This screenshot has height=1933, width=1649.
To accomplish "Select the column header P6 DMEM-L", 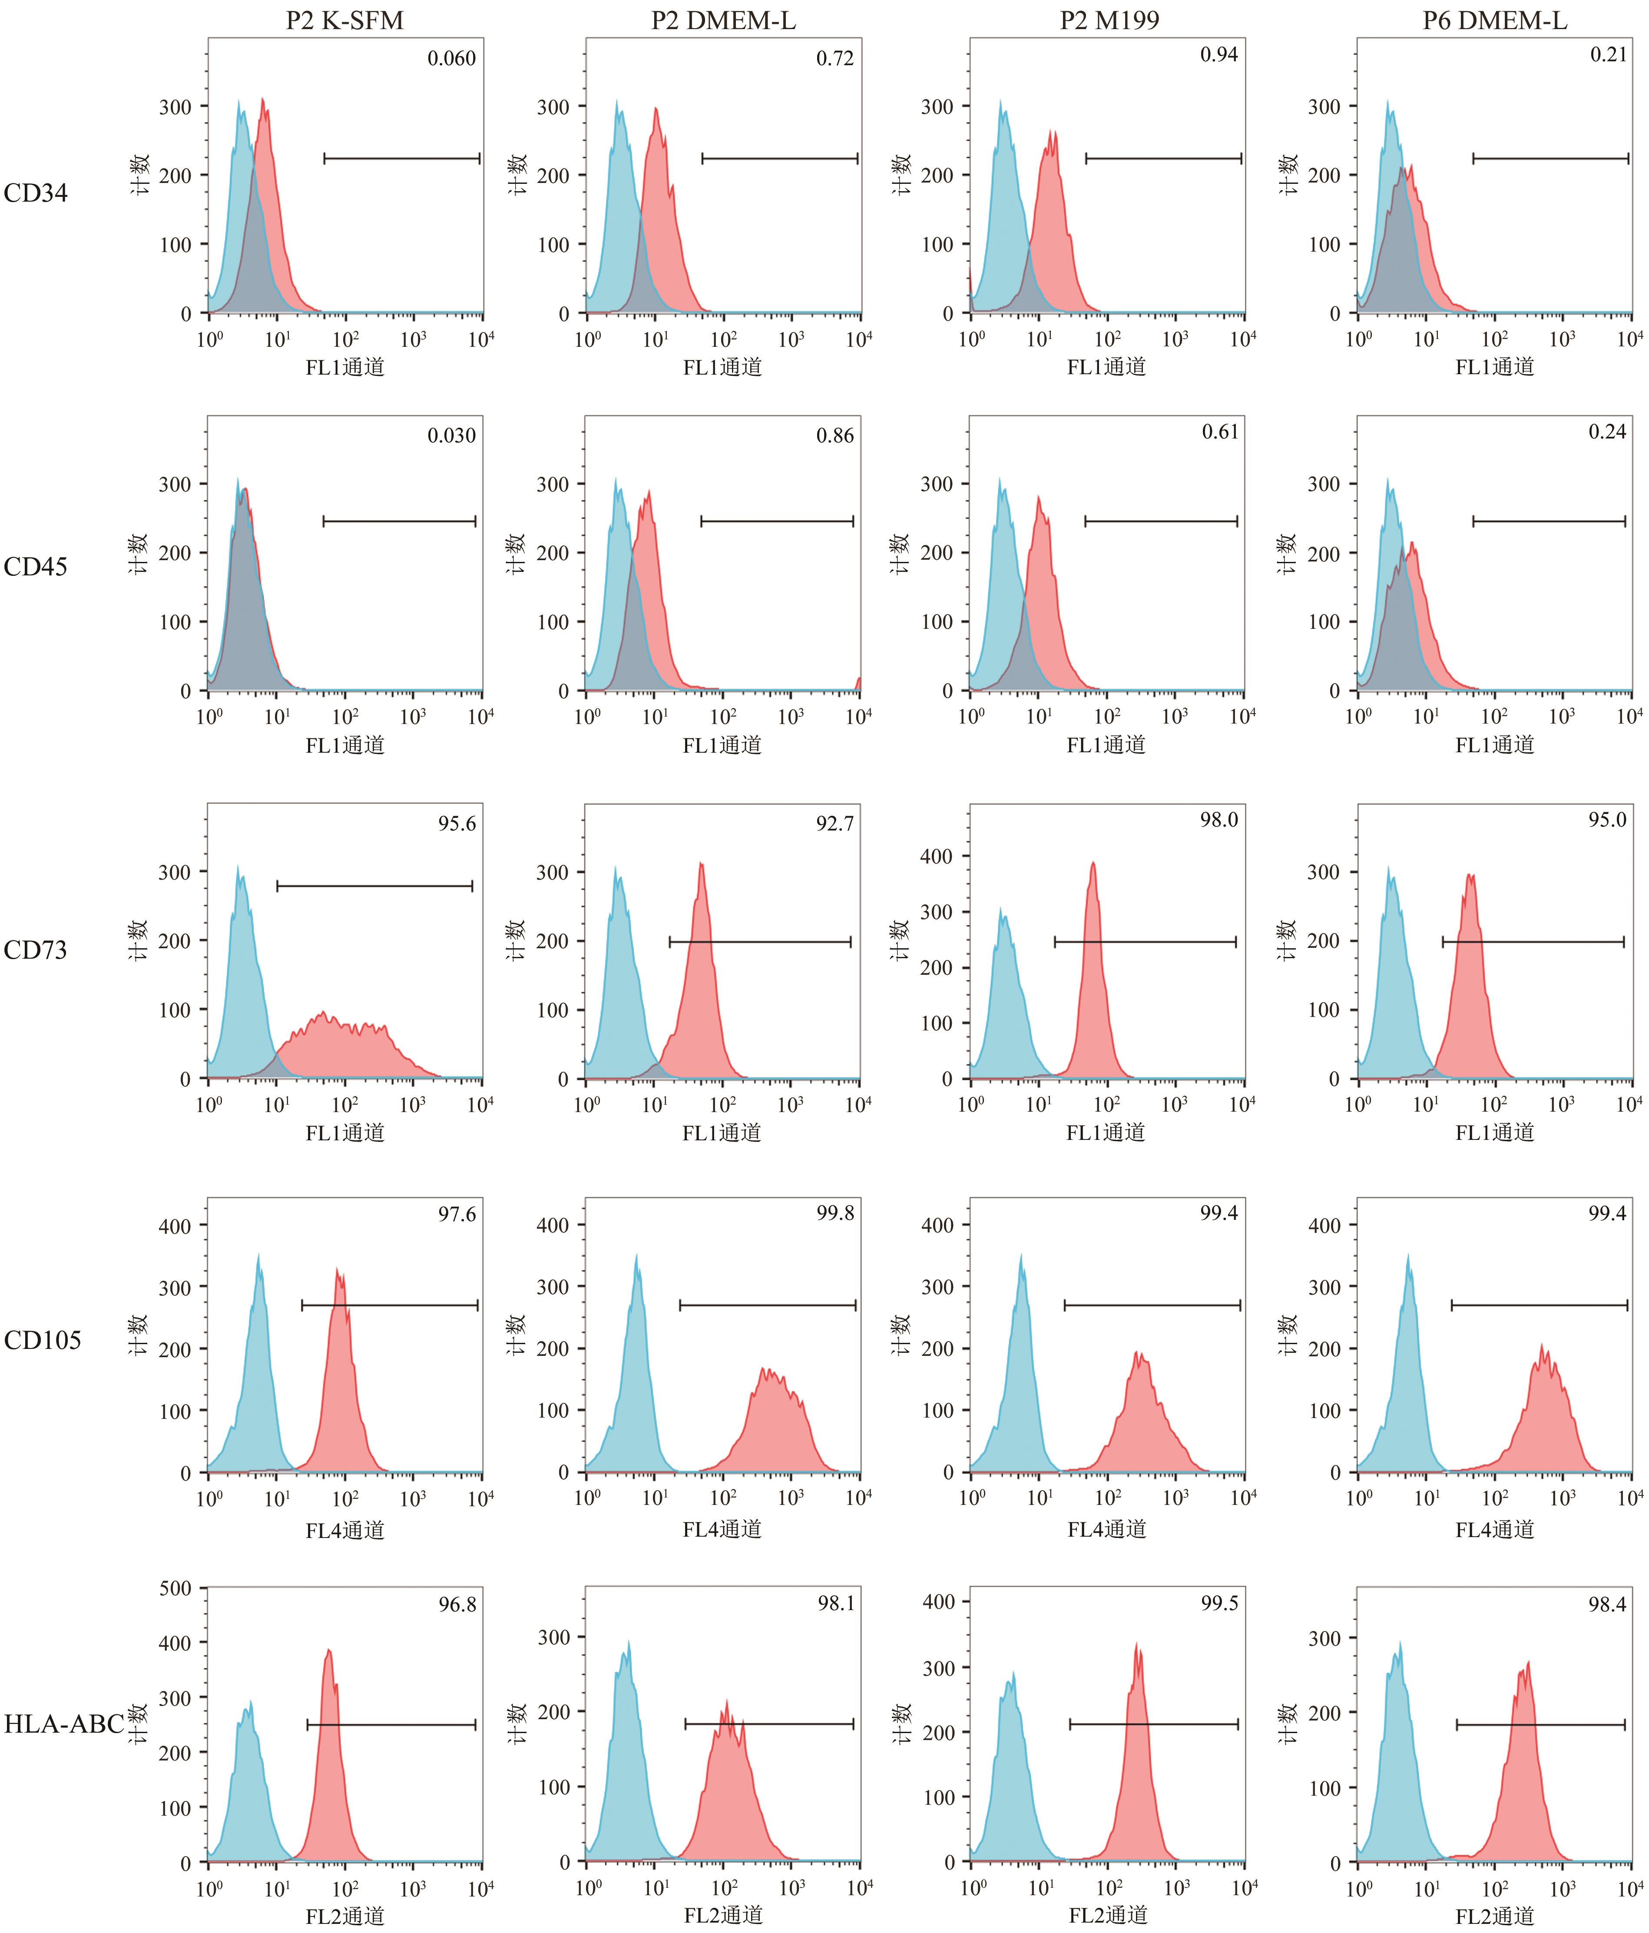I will pos(1494,20).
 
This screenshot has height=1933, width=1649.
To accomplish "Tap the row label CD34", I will pos(36,193).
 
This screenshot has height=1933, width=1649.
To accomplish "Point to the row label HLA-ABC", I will pos(63,1724).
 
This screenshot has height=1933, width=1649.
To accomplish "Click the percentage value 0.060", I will pos(451,59).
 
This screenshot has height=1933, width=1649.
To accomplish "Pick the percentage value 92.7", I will pos(835,824).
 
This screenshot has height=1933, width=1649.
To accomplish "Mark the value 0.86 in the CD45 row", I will pos(835,436).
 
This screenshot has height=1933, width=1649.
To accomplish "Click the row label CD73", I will pos(36,950).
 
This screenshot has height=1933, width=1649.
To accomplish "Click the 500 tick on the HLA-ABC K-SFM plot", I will pos(175,1588).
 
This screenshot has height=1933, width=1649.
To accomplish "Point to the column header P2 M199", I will pos(1109,20).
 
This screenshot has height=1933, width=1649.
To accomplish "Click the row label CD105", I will pos(42,1340).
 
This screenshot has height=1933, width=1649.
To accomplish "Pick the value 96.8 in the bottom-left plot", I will pos(457,1604).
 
